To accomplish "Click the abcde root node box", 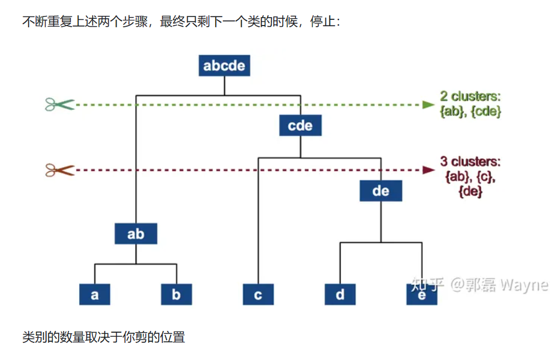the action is pyautogui.click(x=224, y=65).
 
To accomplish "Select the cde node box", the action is pyautogui.click(x=300, y=125).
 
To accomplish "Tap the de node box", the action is pyautogui.click(x=381, y=191).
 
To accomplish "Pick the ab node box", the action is pyautogui.click(x=136, y=233).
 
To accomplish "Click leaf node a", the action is pyautogui.click(x=94, y=294).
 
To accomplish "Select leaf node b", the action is pyautogui.click(x=176, y=294).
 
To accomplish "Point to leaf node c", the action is pyautogui.click(x=258, y=294).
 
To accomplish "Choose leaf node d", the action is pyautogui.click(x=340, y=294).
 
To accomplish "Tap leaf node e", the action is pyautogui.click(x=421, y=294).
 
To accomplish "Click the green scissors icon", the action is pyautogui.click(x=60, y=104).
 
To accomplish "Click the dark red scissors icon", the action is pyautogui.click(x=60, y=170).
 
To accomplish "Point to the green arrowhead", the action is pyautogui.click(x=428, y=105).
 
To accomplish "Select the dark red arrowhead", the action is pyautogui.click(x=428, y=170).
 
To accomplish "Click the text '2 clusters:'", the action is pyautogui.click(x=470, y=96).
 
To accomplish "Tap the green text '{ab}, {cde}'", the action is pyautogui.click(x=470, y=111).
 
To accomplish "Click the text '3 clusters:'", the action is pyautogui.click(x=470, y=162).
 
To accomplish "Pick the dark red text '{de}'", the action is pyautogui.click(x=470, y=192).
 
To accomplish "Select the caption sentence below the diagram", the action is pyautogui.click(x=104, y=337).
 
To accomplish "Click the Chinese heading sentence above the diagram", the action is pyautogui.click(x=181, y=22).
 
